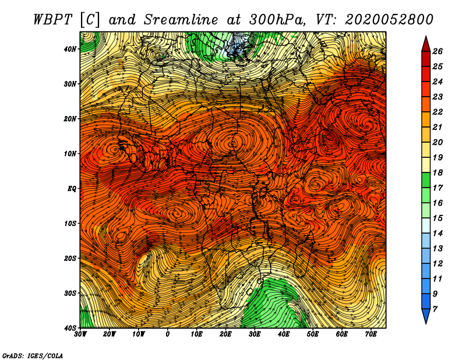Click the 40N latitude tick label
pos(70,49)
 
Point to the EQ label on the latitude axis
pos(72,189)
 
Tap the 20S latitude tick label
pos(70,258)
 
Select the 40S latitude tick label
pos(70,328)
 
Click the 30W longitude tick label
pos(80,334)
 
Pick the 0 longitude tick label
pos(168,334)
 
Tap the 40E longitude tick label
pos(284,334)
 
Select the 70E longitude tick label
pos(371,334)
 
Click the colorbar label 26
pos(437,51)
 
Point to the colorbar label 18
pos(437,172)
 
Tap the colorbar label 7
pos(435,309)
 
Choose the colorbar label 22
pos(437,112)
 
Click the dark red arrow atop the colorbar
pos(426,44)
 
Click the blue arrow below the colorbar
pos(426,316)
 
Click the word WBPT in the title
pos(53,20)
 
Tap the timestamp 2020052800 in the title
pos(389,20)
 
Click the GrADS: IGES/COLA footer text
pos(33,355)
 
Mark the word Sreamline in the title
pos(181,20)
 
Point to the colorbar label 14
pos(437,234)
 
